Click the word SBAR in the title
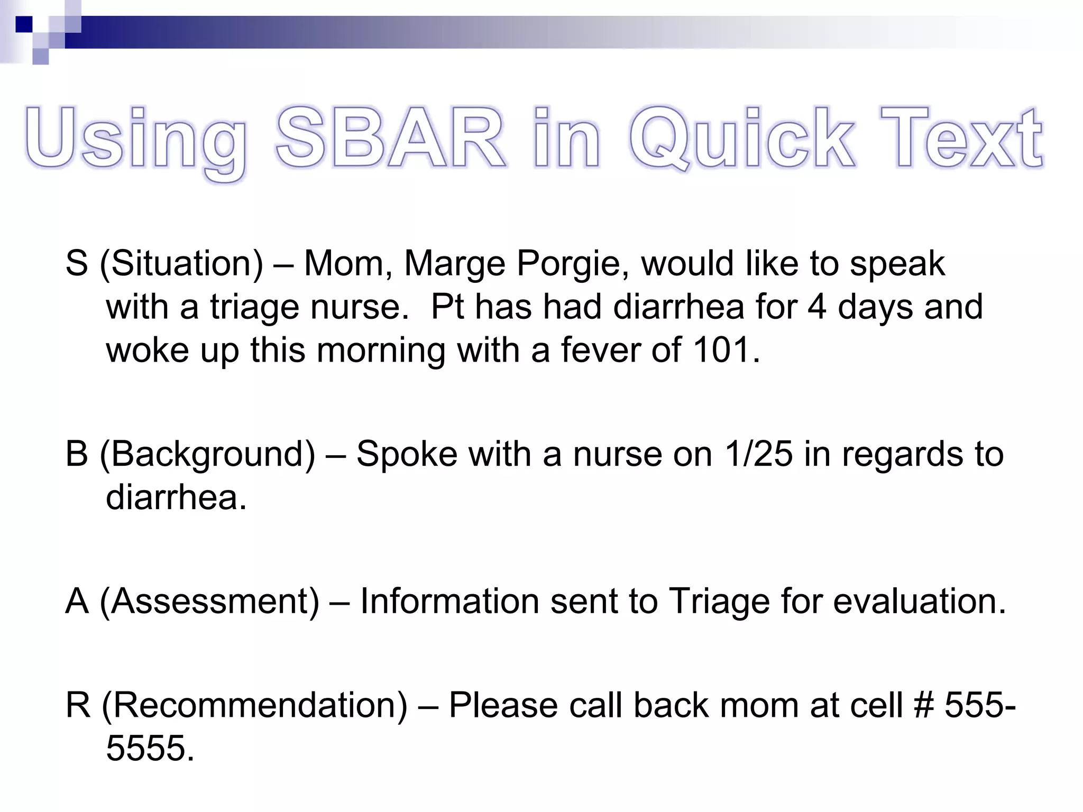(390, 139)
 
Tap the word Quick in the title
(741, 139)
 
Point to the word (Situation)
(181, 264)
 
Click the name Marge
(455, 264)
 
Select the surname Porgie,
(573, 264)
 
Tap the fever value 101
(726, 350)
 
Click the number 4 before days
(817, 307)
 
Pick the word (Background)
(207, 455)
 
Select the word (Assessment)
(209, 602)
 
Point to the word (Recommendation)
(254, 706)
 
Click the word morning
(381, 350)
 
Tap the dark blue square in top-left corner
(24, 24)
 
